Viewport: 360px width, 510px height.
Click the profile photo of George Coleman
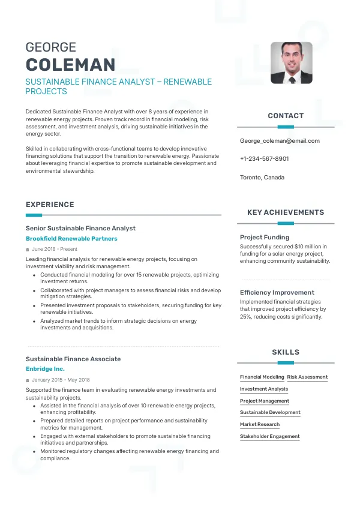point(292,62)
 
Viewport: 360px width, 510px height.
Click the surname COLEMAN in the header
point(70,65)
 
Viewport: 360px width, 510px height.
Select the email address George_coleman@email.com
point(280,141)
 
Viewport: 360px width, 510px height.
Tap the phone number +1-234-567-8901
point(264,159)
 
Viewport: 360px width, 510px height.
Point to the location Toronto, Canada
point(262,178)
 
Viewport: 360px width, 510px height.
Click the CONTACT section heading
point(286,116)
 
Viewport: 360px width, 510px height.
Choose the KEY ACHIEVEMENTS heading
point(286,212)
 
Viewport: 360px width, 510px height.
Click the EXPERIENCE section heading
point(50,205)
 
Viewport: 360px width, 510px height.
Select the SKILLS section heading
point(286,352)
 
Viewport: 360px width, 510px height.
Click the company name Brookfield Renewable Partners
point(71,239)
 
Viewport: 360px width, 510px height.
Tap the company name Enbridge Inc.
point(45,369)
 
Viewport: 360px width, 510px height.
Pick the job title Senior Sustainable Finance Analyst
point(80,228)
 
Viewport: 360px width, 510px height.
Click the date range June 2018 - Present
point(55,249)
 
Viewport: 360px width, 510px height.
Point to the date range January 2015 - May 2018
point(61,380)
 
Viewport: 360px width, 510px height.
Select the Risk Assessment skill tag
point(307,377)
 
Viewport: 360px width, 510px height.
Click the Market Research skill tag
point(260,425)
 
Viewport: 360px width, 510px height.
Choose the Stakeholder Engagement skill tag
point(269,437)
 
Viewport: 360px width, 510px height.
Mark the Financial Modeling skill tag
point(262,377)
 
